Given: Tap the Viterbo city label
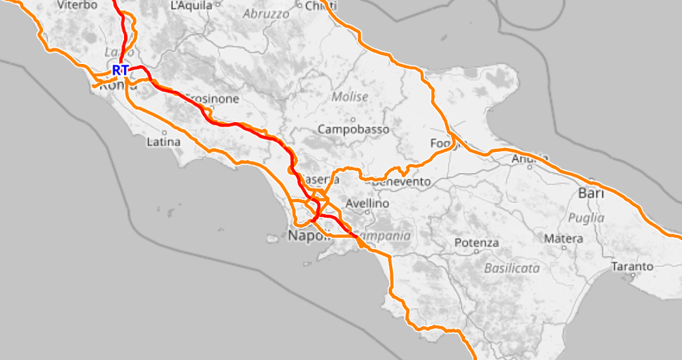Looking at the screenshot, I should [77, 5].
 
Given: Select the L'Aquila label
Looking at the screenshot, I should [192, 6].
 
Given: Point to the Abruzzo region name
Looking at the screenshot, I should [266, 13].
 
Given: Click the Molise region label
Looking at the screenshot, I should [350, 97].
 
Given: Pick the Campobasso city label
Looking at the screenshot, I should [353, 129].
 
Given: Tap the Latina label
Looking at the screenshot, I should [163, 141].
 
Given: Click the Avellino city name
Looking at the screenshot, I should [367, 204].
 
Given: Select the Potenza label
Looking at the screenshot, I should [476, 243].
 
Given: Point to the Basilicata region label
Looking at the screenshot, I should [512, 268].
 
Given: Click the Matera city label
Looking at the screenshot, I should [563, 239].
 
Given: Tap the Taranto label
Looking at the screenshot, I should [632, 266].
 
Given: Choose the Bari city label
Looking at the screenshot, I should [591, 194].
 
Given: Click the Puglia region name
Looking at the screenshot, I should [586, 217].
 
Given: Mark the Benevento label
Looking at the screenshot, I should [404, 181].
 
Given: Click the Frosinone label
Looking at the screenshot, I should [213, 99].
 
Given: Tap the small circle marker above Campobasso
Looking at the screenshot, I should [353, 119].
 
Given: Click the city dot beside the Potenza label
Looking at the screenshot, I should [477, 251].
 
